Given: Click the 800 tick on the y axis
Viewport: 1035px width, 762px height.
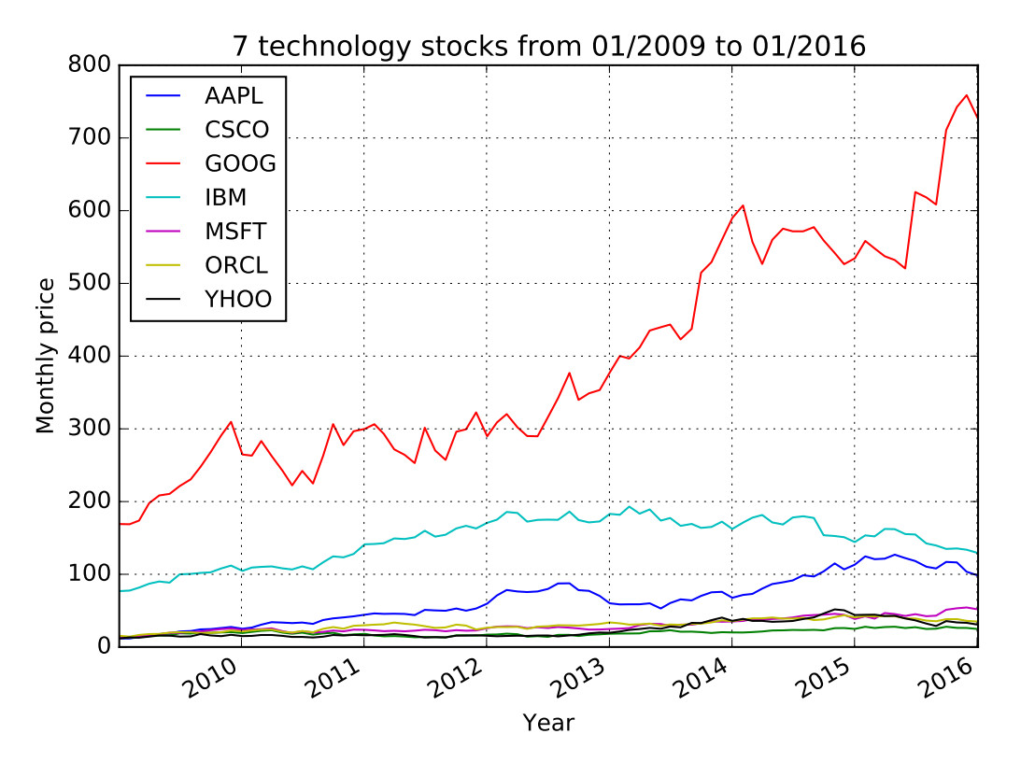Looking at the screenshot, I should click(92, 65).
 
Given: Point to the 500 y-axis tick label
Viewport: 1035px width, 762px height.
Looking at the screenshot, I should click(92, 284).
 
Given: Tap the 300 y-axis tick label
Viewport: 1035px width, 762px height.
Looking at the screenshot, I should click(92, 430).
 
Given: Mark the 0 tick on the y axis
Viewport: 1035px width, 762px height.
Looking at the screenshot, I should click(103, 647).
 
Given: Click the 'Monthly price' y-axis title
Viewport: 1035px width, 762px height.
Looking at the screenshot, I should click(46, 356).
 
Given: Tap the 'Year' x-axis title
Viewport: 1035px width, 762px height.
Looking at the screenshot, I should click(547, 722).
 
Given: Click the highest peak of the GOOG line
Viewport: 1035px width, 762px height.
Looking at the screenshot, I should click(967, 95).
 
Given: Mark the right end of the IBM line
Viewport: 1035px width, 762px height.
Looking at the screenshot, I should click(977, 553).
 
